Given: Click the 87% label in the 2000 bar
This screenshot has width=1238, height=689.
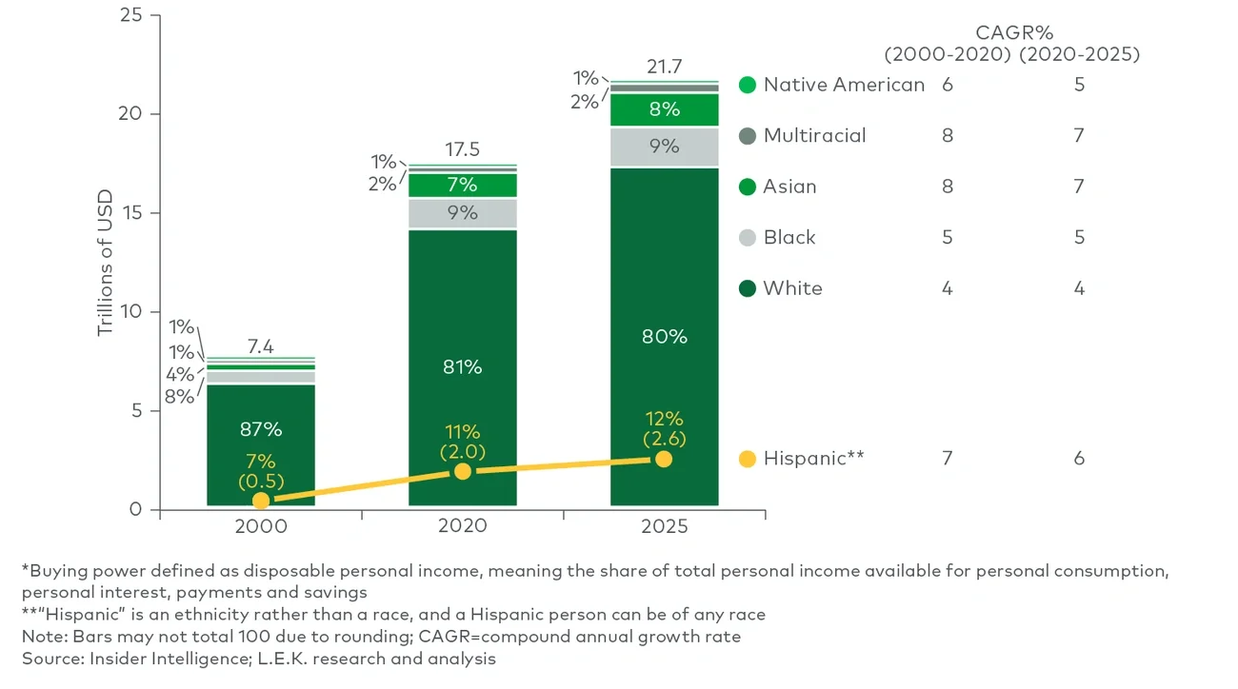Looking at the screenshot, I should pyautogui.click(x=260, y=429).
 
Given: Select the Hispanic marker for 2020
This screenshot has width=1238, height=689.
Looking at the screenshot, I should pyautogui.click(x=463, y=471).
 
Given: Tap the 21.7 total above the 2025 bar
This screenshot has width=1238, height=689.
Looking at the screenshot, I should pyautogui.click(x=664, y=68).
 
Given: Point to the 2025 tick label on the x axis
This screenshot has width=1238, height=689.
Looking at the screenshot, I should pyautogui.click(x=664, y=526).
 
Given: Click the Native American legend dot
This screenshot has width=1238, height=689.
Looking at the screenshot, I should pyautogui.click(x=748, y=85).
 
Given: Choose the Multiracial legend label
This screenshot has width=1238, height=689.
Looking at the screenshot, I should pyautogui.click(x=814, y=135).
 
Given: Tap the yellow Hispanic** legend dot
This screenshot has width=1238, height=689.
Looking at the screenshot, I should pyautogui.click(x=748, y=459).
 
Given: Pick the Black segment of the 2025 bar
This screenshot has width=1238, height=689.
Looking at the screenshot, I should pyautogui.click(x=664, y=147).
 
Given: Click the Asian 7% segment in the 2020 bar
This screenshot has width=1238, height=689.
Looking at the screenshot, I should pyautogui.click(x=463, y=185).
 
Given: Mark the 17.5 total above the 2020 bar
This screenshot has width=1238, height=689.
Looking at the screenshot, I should pyautogui.click(x=463, y=150).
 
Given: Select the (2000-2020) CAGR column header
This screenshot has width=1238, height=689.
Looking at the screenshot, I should pyautogui.click(x=948, y=54).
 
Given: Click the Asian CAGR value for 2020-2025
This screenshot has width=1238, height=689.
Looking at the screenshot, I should pyautogui.click(x=1079, y=187).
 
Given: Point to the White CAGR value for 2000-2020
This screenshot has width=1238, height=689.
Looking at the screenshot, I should pyautogui.click(x=948, y=288).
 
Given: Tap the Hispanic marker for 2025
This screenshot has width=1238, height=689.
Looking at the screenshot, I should pyautogui.click(x=664, y=459).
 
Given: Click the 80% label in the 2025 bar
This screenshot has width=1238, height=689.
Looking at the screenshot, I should pyautogui.click(x=664, y=337).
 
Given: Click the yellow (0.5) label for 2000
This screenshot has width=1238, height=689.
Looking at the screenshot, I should pyautogui.click(x=260, y=480).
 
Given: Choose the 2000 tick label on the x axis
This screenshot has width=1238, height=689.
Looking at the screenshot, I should pyautogui.click(x=260, y=526).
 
